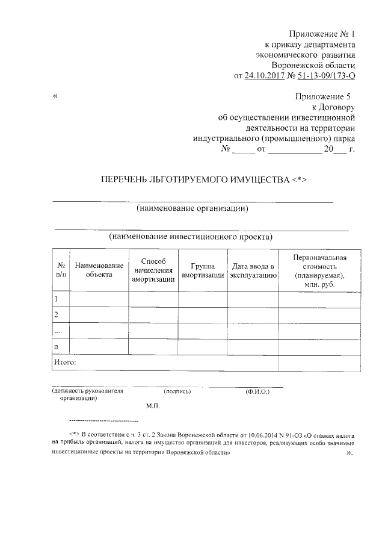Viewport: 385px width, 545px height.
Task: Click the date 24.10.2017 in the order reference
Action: pos(264,76)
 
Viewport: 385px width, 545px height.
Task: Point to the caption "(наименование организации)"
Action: pos(192,209)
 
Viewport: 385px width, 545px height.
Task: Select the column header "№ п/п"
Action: pos(61,269)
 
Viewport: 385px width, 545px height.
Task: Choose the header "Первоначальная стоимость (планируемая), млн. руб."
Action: pos(319,270)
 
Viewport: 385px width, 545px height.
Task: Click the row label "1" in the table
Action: pos(57,299)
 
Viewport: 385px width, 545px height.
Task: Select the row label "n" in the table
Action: pos(57,347)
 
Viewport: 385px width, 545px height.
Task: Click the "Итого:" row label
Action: pos(64,363)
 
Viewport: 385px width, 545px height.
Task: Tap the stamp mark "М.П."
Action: pos(152,406)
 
